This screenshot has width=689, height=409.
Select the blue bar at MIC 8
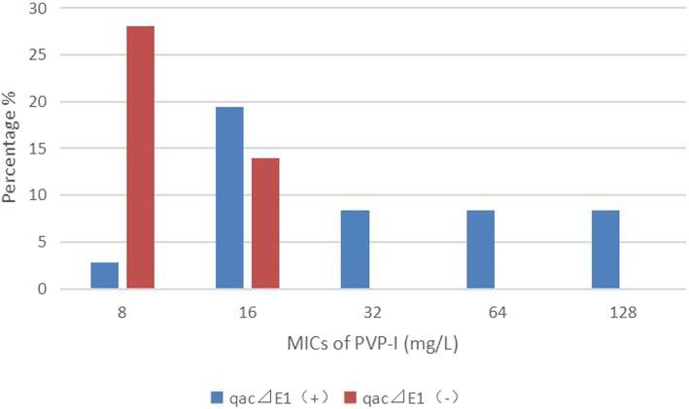click(104, 276)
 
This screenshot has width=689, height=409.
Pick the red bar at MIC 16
click(265, 223)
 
